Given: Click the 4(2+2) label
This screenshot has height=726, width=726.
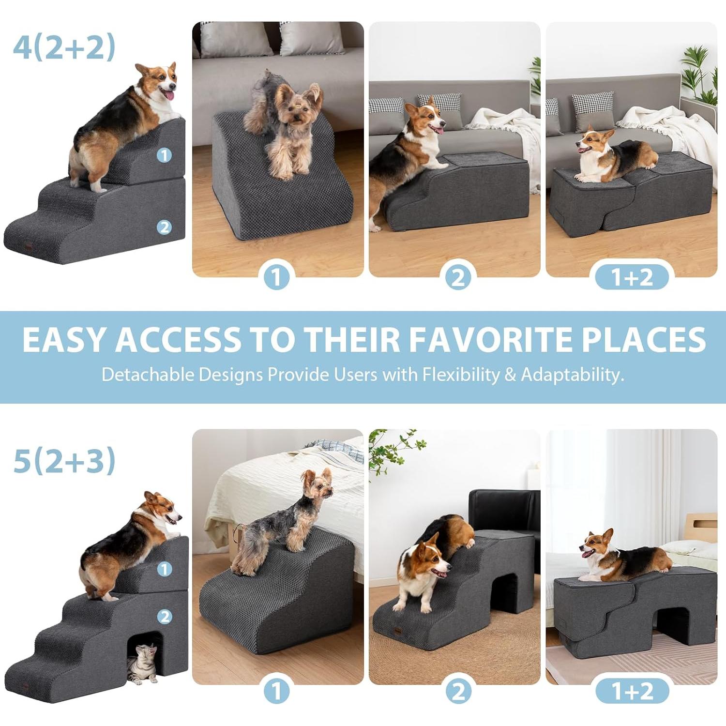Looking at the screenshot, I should [x=64, y=47].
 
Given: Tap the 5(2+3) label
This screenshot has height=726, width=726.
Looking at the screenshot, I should [x=64, y=460].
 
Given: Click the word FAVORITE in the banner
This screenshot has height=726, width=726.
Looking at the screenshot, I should [x=492, y=339].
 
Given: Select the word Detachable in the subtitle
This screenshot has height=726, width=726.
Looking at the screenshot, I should [x=148, y=375].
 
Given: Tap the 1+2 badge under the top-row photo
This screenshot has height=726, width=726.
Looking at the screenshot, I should [x=632, y=277].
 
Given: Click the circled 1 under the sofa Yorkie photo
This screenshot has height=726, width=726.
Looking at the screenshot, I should [x=277, y=277].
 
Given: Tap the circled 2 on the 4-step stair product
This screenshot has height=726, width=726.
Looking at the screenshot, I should [x=165, y=227].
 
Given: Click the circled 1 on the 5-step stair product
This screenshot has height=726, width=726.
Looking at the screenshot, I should [x=165, y=569].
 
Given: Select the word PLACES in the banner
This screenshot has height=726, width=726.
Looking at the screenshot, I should [x=643, y=339].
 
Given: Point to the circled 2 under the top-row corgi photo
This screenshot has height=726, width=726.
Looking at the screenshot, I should [x=458, y=277].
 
